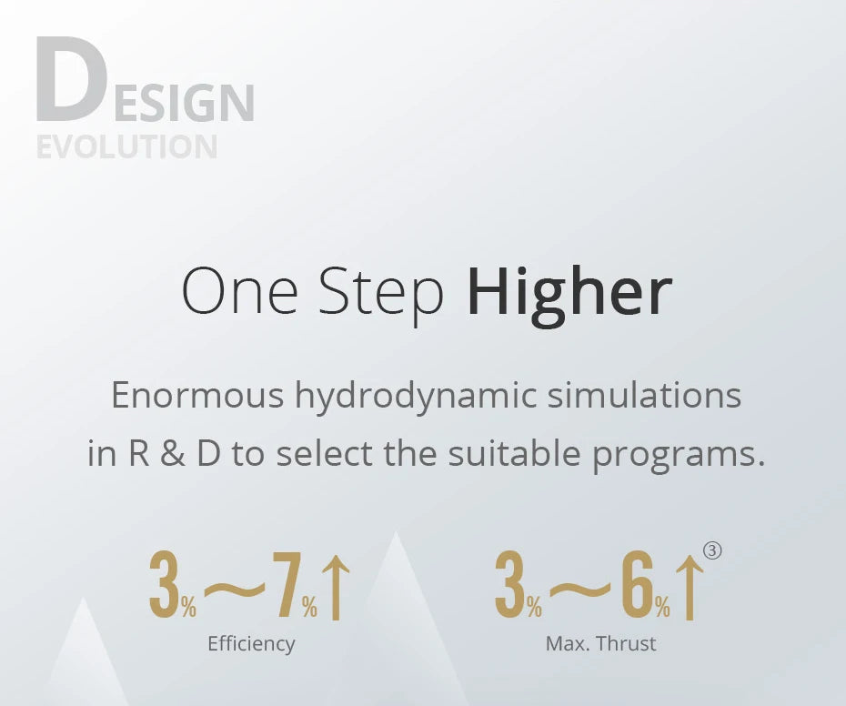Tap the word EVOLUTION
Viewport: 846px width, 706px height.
[x=126, y=147]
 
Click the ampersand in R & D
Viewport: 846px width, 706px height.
[x=174, y=454]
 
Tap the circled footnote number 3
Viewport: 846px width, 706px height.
[x=713, y=550]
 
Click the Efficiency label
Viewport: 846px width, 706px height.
[x=251, y=644]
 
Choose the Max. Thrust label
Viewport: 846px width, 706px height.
[x=600, y=644]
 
